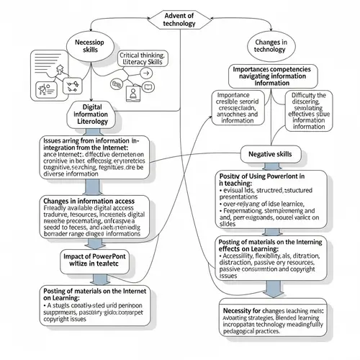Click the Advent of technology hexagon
[180, 17]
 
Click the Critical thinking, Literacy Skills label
[141, 60]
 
